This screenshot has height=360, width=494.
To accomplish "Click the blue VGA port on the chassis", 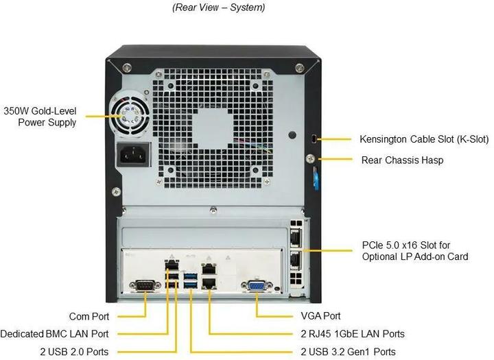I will tap(255, 286).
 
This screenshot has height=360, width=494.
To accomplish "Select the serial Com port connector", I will tap(145, 286).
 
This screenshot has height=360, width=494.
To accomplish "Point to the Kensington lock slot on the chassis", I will tap(314, 139).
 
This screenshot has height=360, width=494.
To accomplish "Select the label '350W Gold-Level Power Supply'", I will tap(40, 116).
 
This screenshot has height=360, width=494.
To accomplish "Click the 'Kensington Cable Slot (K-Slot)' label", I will tap(424, 139).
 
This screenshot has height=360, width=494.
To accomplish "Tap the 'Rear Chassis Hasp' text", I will tap(402, 160).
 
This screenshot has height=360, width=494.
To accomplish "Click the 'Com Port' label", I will tap(89, 316).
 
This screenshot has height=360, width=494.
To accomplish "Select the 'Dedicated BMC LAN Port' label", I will tap(54, 334).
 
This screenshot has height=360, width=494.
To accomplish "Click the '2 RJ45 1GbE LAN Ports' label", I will tap(352, 334).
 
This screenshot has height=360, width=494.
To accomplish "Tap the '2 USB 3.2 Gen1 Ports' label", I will tap(349, 352).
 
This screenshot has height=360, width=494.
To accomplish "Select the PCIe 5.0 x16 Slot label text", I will tap(415, 250).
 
